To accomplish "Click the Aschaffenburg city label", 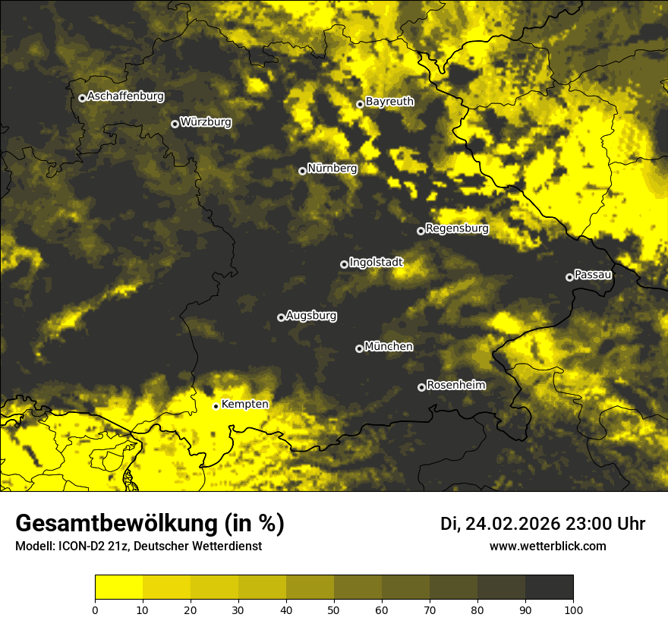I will pos(125,96).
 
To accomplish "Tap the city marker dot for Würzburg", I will pos(175,124).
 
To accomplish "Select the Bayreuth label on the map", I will pos(389,102).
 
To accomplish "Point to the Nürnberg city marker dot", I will pos(302,171).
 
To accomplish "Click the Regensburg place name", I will pos(457,228).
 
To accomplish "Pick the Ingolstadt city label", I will pos(376,263).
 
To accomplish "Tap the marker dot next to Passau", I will pos(569,277).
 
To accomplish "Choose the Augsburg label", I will pos(311,316).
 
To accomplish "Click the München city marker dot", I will pos(359,349).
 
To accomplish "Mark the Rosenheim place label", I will pos(455,386).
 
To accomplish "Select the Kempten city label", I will pos(244,405).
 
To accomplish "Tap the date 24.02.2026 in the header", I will pos(512,524).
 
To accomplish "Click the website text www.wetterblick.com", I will pos(547,546).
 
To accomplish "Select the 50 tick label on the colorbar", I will pos(334,610).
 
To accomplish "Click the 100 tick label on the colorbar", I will pos(573,610).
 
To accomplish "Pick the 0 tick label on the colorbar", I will pos(95,610).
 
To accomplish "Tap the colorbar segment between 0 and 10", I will pos(118,587).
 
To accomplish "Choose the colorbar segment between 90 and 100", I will pos(549,587).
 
